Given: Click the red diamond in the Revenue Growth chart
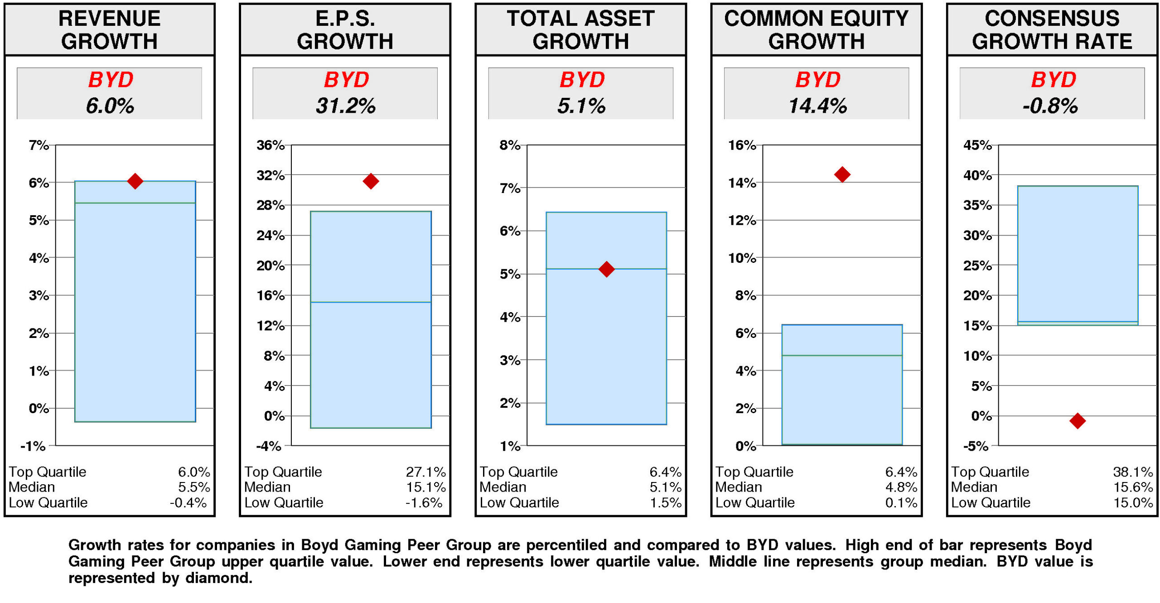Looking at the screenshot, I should point(135,181).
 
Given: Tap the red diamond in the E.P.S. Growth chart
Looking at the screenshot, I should point(370,181).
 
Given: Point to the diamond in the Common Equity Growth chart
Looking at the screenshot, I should point(841,174).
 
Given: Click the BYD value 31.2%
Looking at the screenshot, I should point(345,106).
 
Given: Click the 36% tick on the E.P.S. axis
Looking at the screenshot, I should point(271,145).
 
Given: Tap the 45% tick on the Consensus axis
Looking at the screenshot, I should point(977,145).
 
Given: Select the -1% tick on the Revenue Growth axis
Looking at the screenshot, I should point(33,446).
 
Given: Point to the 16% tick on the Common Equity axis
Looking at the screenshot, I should point(742,145).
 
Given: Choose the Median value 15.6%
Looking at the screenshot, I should point(1132,487).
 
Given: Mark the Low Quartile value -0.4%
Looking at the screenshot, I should point(188,502).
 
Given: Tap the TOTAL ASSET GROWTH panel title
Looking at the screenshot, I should point(580,29).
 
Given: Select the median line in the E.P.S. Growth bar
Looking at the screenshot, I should point(370,302).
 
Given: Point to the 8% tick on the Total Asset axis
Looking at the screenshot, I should point(510,145).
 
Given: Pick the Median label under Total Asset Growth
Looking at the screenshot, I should point(503,487).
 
